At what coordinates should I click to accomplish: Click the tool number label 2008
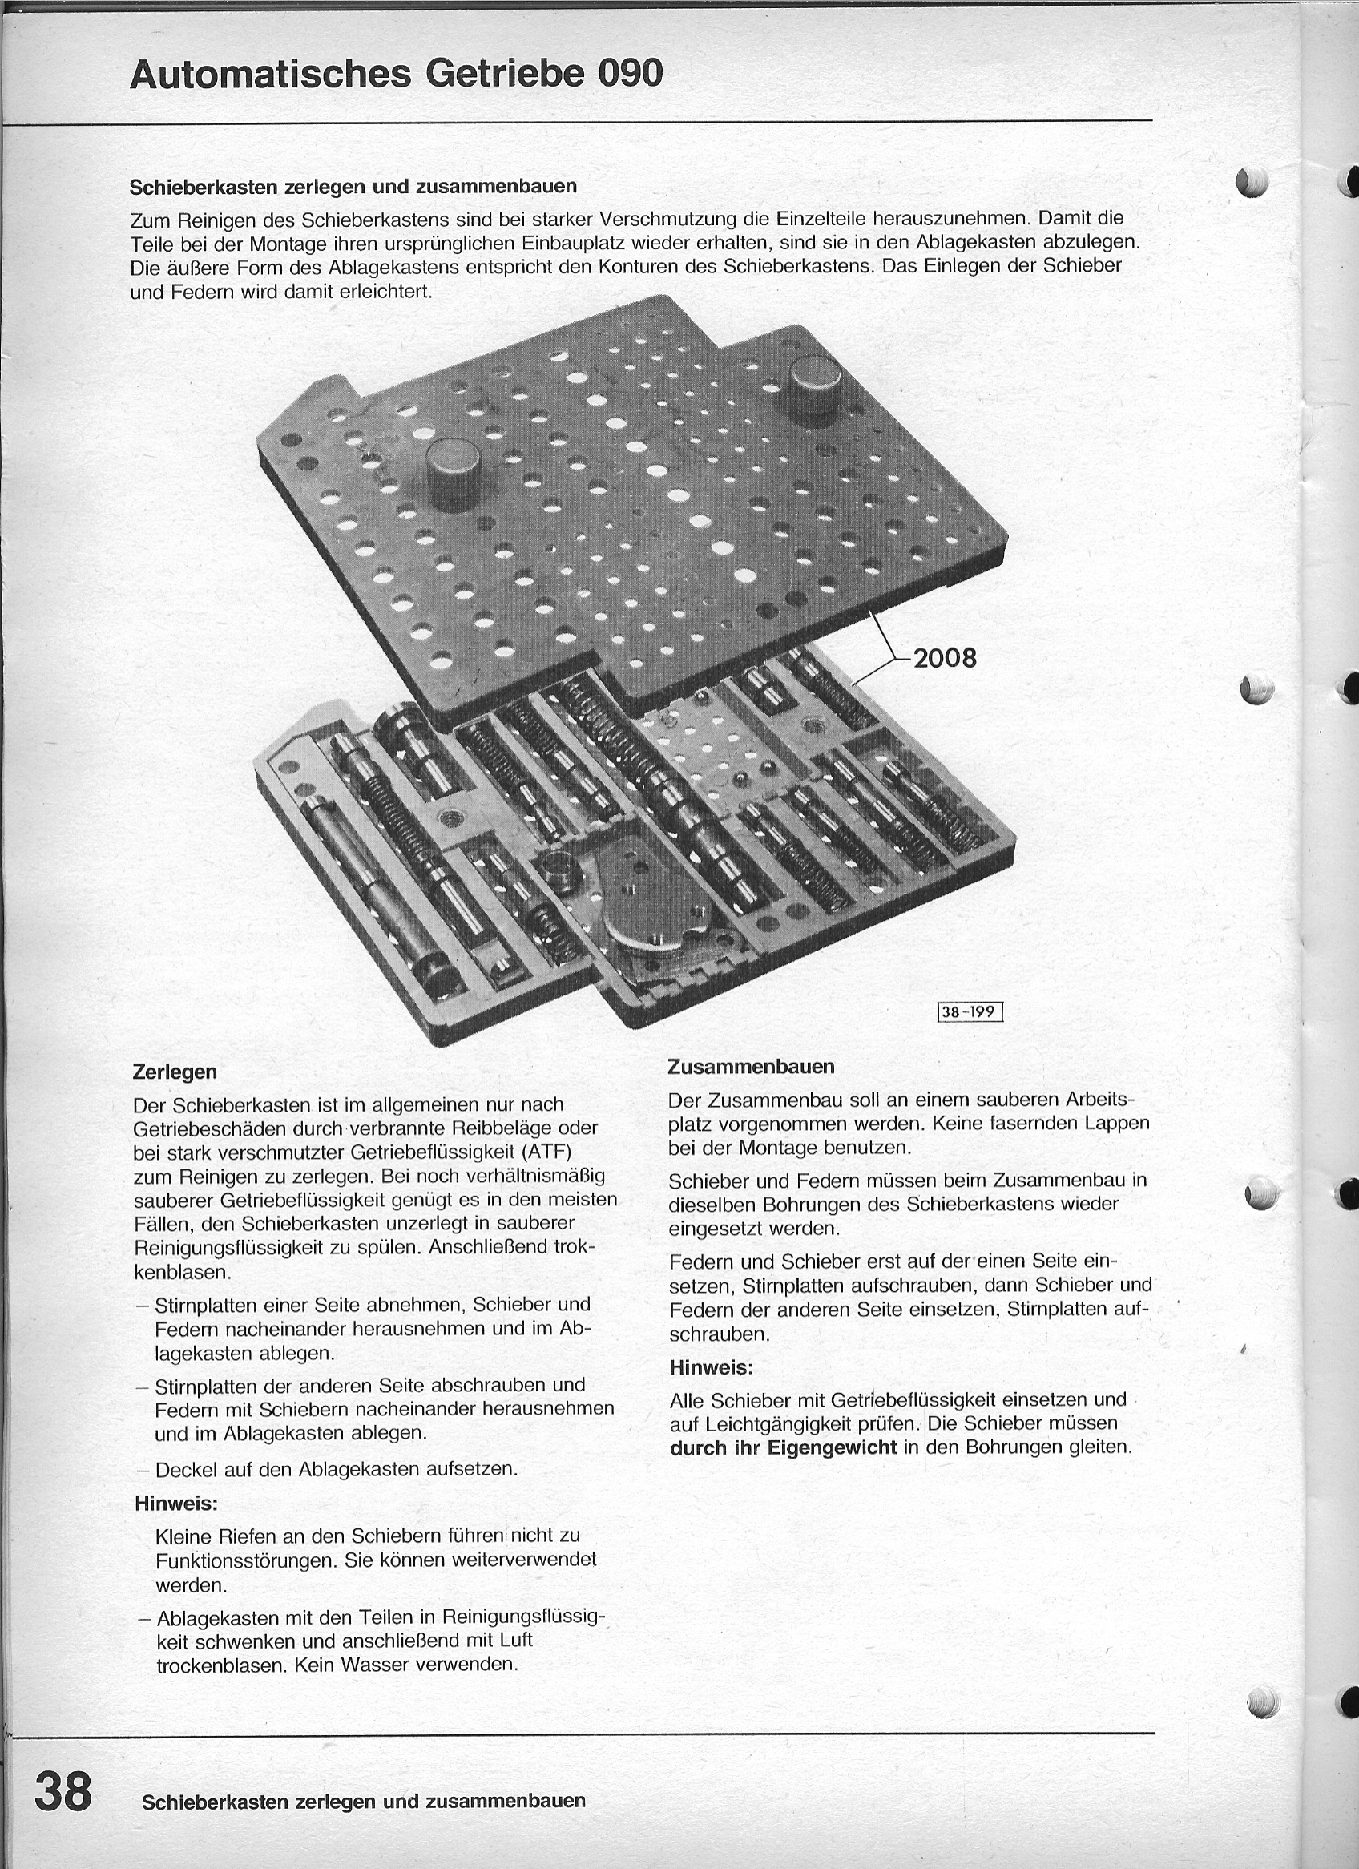944,658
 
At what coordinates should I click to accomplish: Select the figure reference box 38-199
970,1011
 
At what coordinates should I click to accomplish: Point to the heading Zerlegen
175,1072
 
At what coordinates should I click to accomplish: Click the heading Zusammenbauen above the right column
751,1067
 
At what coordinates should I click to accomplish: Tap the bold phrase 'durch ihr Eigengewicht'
783,1448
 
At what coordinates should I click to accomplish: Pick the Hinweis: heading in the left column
175,1503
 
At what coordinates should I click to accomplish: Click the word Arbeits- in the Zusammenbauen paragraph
1100,1100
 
